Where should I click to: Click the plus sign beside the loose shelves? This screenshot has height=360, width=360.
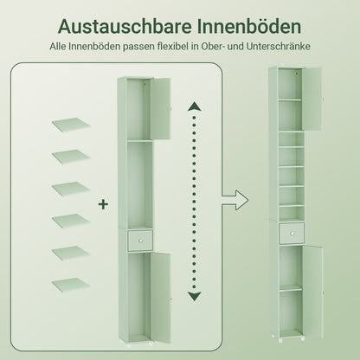pos(104,204)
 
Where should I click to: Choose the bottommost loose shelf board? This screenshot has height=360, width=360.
pos(68,284)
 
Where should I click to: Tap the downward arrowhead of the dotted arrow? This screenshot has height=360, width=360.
pos(194,295)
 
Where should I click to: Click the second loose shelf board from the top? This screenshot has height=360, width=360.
pos(68,156)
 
